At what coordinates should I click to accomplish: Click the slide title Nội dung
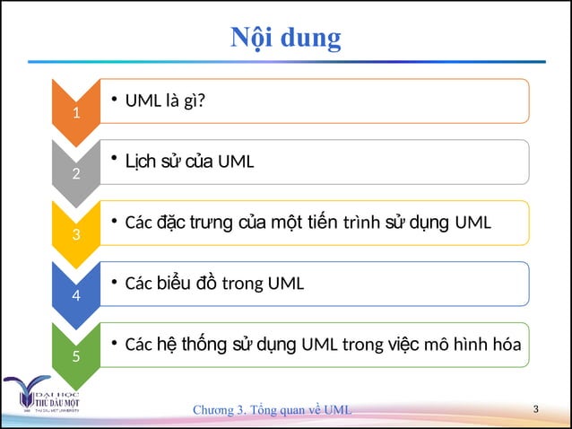pyautogui.click(x=286, y=39)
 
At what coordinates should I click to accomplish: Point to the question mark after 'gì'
pyautogui.click(x=201, y=101)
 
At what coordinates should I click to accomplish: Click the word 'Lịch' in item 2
pyautogui.click(x=140, y=162)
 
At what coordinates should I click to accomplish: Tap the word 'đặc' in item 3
pyautogui.click(x=172, y=223)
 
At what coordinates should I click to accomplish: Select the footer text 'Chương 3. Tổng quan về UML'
pyautogui.click(x=273, y=410)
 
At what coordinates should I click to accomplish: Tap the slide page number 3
pyautogui.click(x=535, y=409)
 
